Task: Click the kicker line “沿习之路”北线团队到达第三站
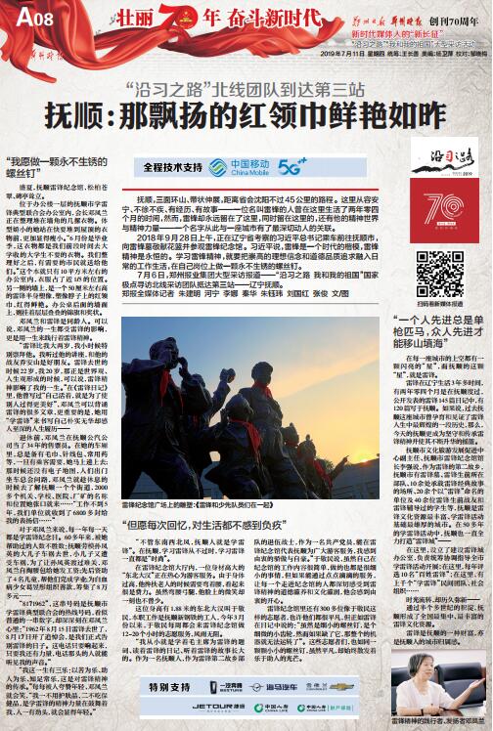point(249,85)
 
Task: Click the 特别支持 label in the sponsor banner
point(157,690)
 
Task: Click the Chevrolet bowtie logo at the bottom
point(348,689)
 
